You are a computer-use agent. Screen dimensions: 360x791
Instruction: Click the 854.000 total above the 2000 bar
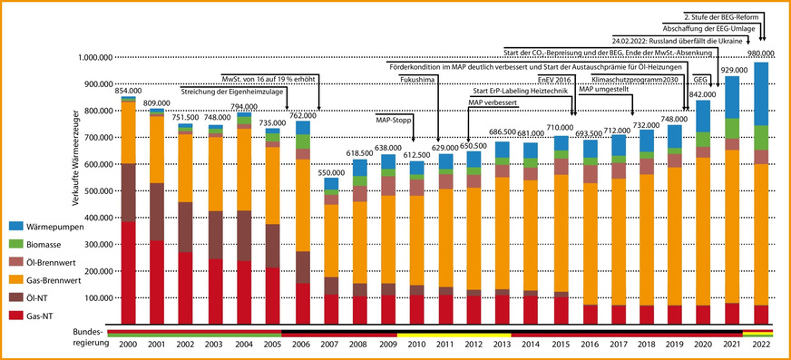click(128, 91)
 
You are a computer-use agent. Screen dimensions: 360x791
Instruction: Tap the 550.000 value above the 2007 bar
click(331, 172)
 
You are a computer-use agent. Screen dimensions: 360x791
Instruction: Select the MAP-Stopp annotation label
click(394, 119)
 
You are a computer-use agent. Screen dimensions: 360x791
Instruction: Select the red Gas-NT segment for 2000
click(128, 272)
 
